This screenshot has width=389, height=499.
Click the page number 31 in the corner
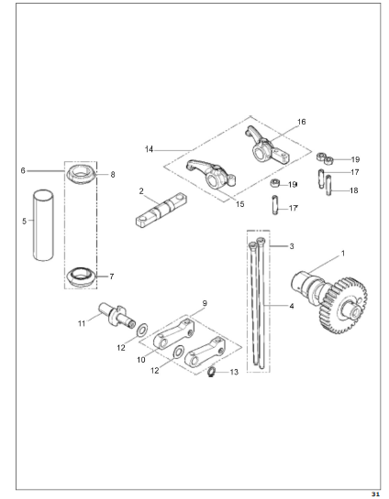(x=375, y=494)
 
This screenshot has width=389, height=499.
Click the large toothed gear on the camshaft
(x=344, y=306)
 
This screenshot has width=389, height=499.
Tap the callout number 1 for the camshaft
(x=343, y=254)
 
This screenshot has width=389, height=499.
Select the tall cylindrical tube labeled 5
(x=44, y=225)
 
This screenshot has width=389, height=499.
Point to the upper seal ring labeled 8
(x=81, y=174)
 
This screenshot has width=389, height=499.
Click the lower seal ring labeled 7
(x=81, y=277)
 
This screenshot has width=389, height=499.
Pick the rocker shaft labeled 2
(x=161, y=210)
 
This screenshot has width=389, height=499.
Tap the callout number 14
(x=150, y=149)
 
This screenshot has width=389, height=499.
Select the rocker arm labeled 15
(x=211, y=176)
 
